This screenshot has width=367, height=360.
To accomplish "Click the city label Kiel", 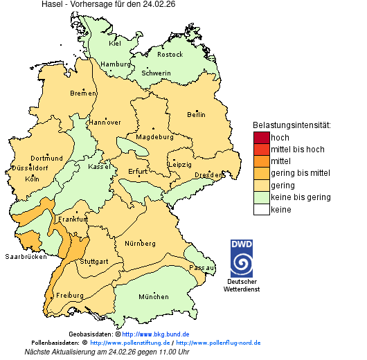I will click(114, 43).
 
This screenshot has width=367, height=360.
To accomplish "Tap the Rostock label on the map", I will click(170, 54).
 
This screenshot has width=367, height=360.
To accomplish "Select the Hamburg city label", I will click(116, 64).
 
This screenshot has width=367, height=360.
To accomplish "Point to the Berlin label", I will click(196, 114).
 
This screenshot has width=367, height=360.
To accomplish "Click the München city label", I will click(153, 297).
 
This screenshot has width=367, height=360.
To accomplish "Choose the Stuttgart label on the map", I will click(94, 262).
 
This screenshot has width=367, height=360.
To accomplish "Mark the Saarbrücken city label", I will click(26, 256).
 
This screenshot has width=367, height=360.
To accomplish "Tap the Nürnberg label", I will click(140, 244).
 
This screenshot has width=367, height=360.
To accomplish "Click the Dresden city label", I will click(208, 175).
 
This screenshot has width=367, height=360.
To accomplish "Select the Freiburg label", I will click(69, 295).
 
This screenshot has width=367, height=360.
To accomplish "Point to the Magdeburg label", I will click(154, 136).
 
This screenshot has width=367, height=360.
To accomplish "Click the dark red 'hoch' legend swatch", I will click(261, 137).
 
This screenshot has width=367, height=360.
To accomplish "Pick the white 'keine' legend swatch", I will click(261, 210).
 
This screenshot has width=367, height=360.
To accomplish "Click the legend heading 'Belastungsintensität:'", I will click(292, 125).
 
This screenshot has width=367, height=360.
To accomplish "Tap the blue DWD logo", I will click(242, 258).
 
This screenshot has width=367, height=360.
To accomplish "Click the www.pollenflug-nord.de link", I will click(218, 343).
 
